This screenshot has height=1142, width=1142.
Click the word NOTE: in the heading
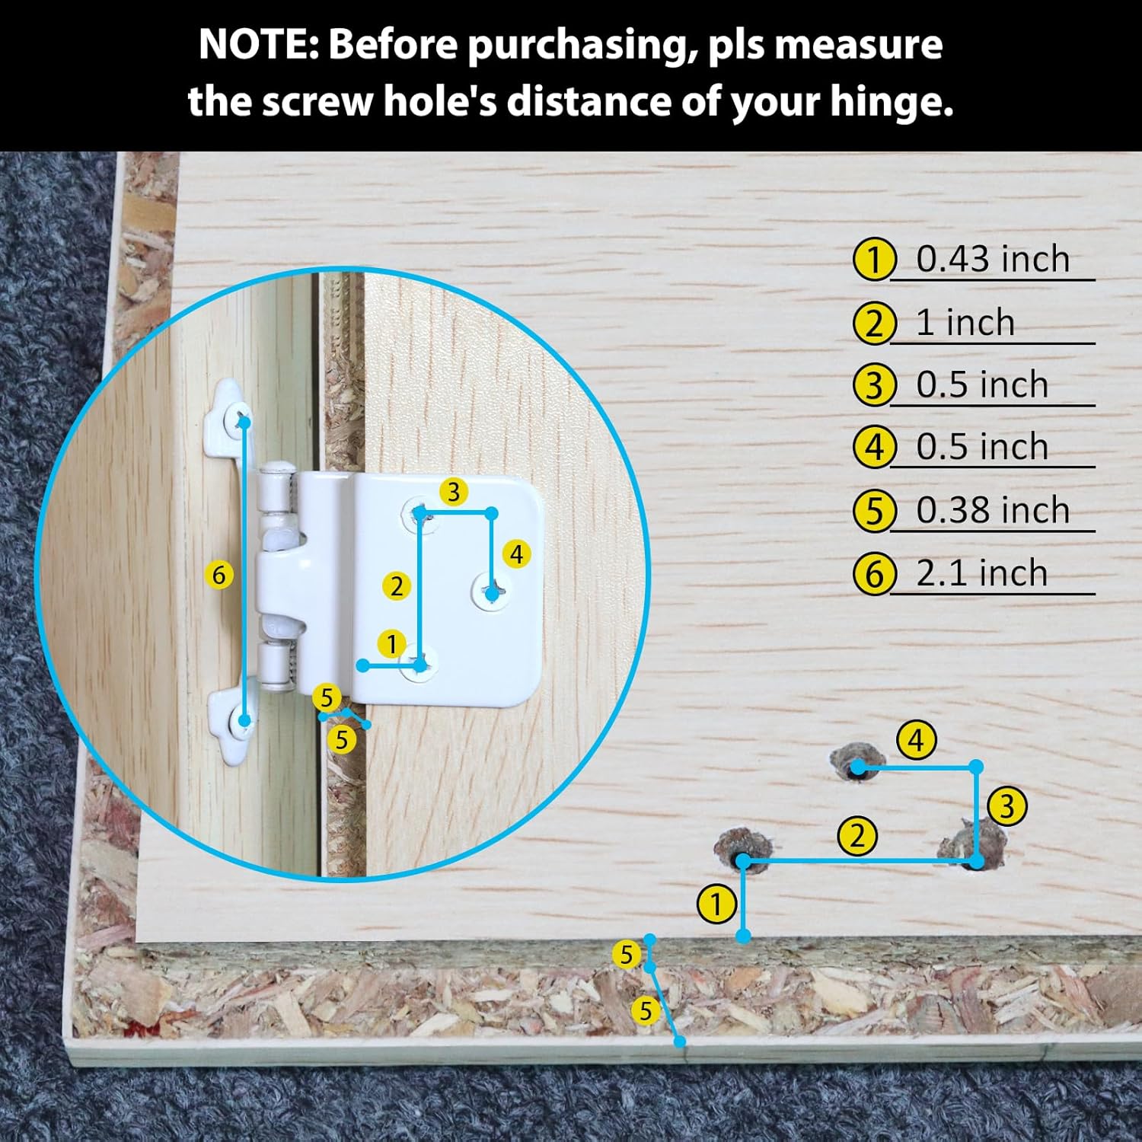(259, 44)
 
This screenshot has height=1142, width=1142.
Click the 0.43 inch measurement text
(993, 259)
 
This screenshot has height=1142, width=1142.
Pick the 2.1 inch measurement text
(982, 573)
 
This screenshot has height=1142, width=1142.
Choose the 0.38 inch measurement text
(993, 509)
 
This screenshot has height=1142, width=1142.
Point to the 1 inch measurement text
(965, 323)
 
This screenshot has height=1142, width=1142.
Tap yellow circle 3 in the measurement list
(874, 385)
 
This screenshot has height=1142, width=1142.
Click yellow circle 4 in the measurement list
(874, 447)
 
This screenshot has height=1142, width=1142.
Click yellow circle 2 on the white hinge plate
(396, 586)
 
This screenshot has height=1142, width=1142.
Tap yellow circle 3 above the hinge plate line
(454, 492)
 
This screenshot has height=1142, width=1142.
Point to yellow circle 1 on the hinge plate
(391, 644)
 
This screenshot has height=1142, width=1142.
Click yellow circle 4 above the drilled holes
(916, 740)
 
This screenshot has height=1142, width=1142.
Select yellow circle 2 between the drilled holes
(858, 836)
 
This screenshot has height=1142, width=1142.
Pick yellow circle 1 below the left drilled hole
(716, 905)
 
